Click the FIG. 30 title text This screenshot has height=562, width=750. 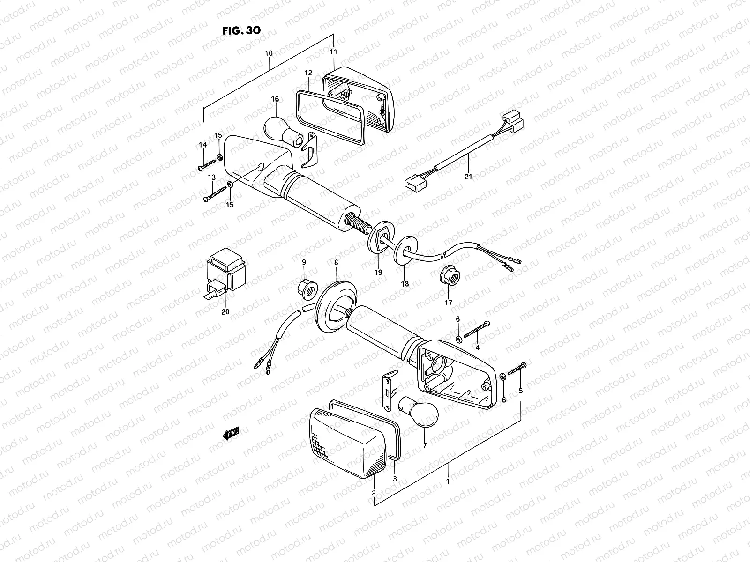click(x=241, y=30)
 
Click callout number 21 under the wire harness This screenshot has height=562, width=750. click(x=468, y=177)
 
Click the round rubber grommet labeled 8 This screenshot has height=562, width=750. click(x=335, y=303)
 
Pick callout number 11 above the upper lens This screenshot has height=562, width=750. click(x=334, y=52)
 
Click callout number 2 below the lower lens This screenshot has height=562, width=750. click(x=374, y=493)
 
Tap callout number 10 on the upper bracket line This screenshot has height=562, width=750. click(x=269, y=53)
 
